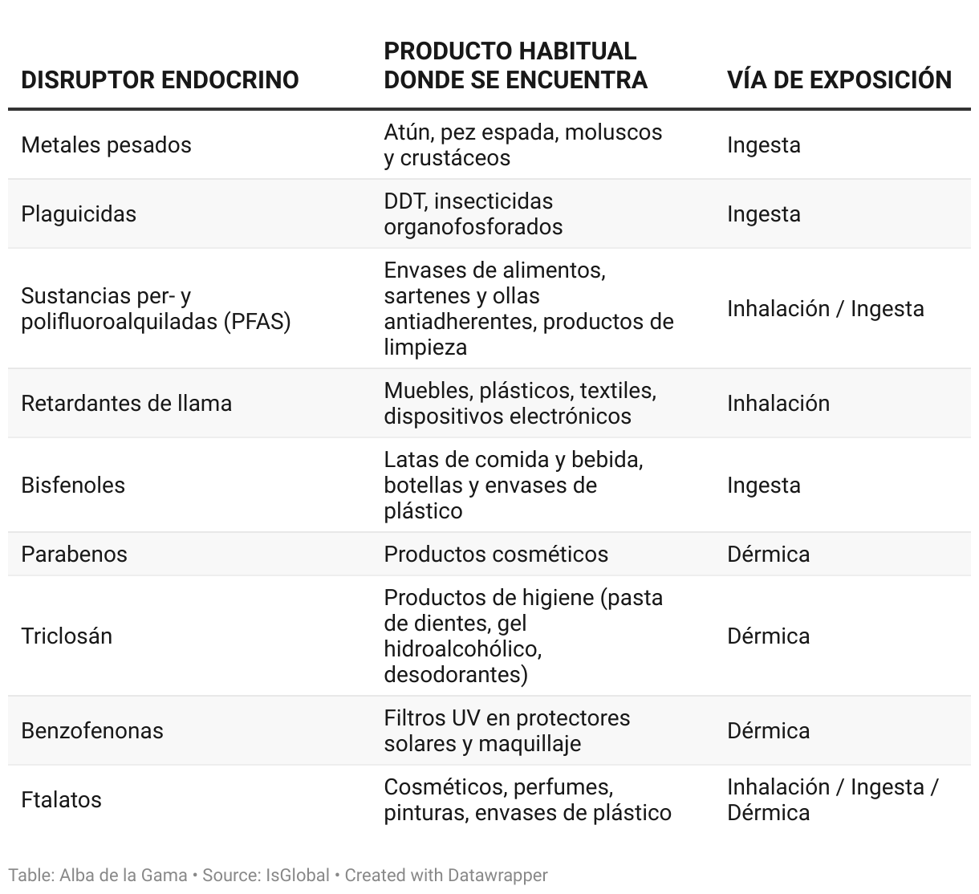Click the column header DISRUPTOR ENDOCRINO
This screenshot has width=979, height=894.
pos(160,79)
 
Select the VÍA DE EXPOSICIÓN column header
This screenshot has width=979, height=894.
pos(839,79)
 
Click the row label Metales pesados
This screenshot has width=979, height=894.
pos(106,145)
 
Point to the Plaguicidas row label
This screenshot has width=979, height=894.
pos(79,214)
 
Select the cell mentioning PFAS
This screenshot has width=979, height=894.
pos(156,309)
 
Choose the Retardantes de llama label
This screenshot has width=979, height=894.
pos(126,403)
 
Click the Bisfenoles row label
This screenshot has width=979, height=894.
pos(73,486)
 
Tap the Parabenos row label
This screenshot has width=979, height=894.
pos(74,555)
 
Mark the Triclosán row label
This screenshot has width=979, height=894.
pos(67,636)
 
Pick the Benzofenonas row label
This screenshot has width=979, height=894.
pos(92,731)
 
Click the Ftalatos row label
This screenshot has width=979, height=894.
pos(61,800)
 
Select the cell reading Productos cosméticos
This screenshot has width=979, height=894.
pos(496,555)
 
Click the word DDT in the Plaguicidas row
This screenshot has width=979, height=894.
pos(404,201)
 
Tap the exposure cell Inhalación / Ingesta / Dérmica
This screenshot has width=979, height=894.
pos(832,800)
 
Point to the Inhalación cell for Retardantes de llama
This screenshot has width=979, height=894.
pos(778,403)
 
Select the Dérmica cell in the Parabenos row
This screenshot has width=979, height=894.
pos(768,555)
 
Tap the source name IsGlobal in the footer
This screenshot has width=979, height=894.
pos(298,875)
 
